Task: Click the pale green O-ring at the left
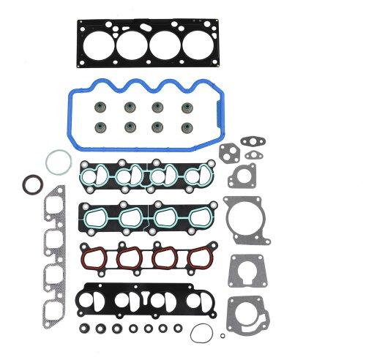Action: point(58,161)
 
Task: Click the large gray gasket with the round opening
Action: point(245,216)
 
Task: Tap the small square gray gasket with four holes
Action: point(241,176)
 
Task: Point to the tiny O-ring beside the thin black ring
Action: point(223,336)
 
